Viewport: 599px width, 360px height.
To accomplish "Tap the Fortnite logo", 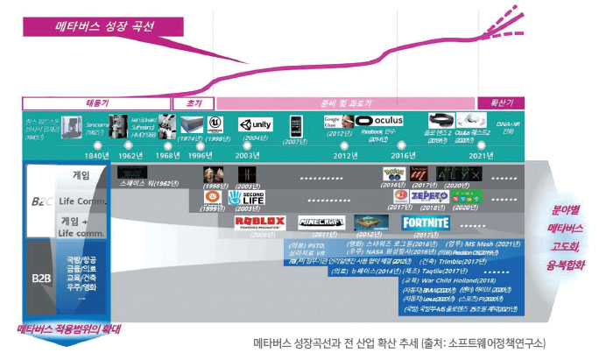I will point(425,222).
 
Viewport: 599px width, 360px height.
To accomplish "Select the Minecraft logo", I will point(321,222).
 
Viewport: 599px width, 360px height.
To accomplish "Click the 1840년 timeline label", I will point(86,156).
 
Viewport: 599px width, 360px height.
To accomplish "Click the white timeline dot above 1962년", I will point(130,145).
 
